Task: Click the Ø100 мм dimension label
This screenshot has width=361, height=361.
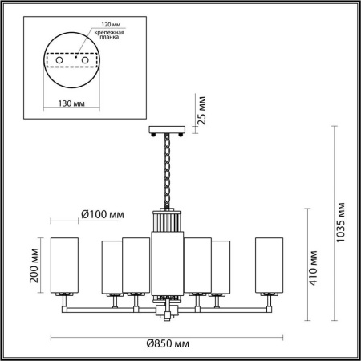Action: (x=103, y=216)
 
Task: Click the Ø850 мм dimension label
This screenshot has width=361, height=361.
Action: (x=168, y=343)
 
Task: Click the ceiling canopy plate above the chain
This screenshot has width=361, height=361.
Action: (x=168, y=131)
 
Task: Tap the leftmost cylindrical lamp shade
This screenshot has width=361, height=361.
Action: (x=65, y=265)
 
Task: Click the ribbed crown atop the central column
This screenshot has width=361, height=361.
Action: (x=167, y=219)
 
